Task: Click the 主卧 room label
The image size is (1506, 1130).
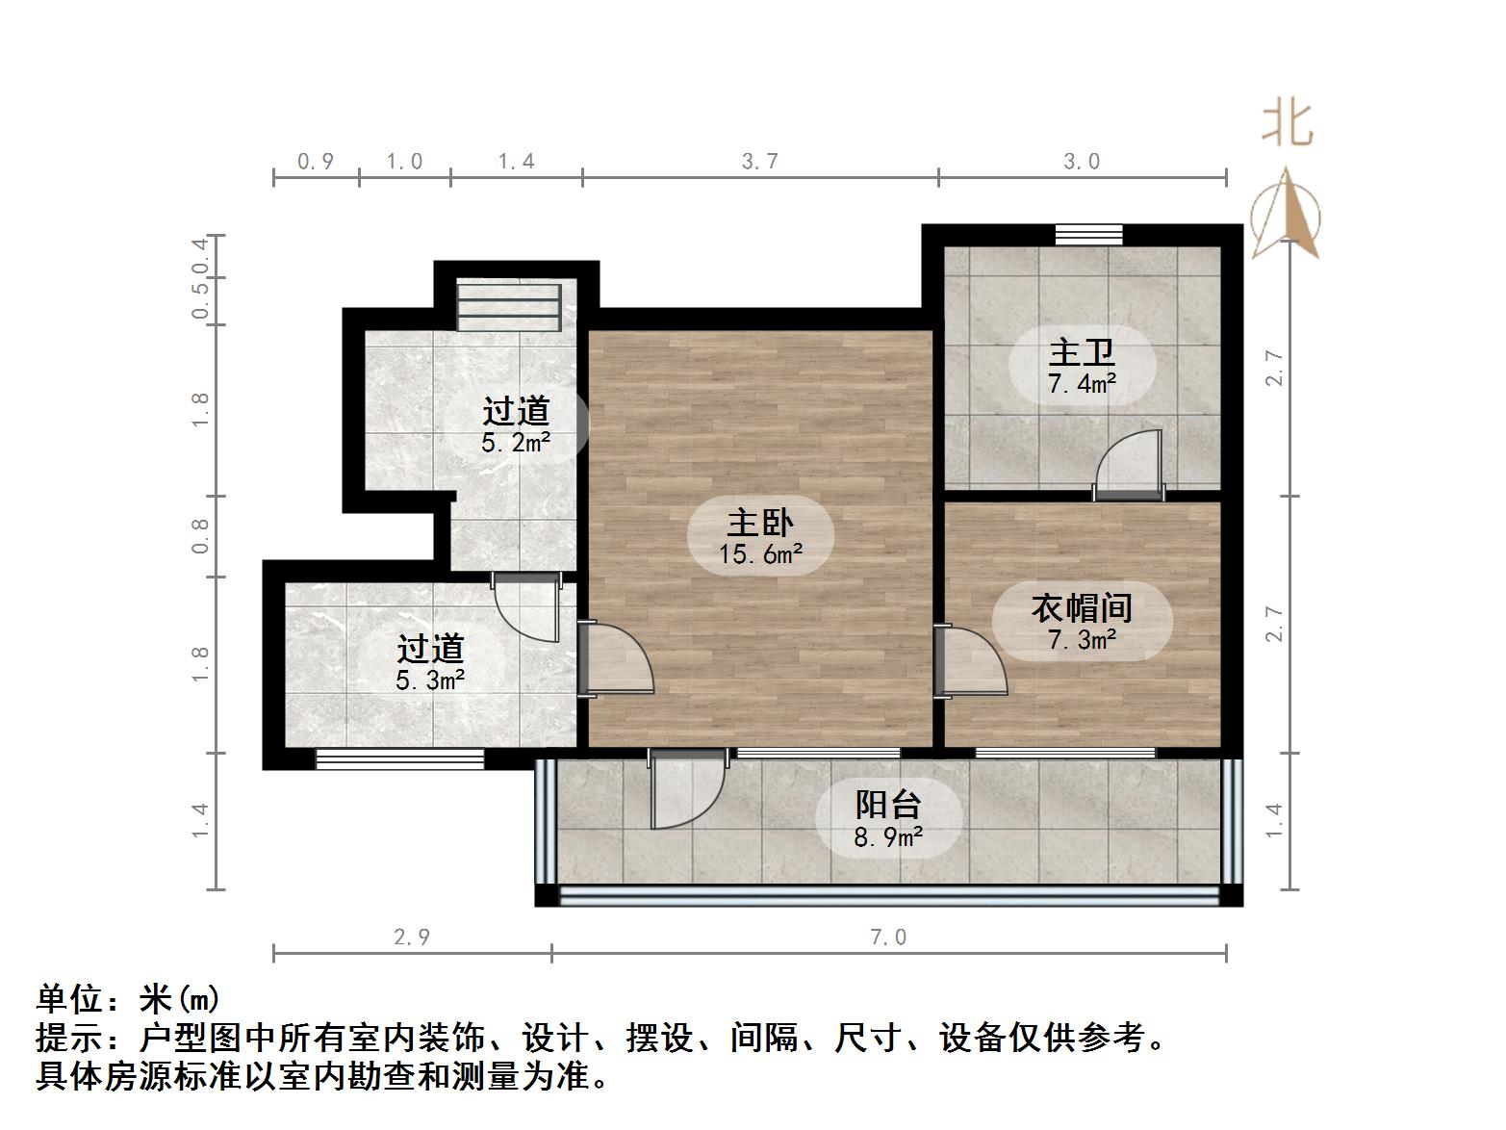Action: point(759,523)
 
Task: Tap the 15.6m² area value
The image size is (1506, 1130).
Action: point(759,554)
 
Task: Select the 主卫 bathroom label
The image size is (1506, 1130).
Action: point(1082,353)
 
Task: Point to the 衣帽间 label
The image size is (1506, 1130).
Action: point(1082,607)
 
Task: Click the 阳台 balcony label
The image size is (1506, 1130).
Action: point(888,805)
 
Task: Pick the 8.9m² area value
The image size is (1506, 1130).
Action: point(888,837)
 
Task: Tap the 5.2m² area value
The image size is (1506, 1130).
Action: point(516,443)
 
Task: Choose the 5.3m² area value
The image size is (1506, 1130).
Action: point(430,681)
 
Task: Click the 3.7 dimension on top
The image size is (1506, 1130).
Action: point(759,162)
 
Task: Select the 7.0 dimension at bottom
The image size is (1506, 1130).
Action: point(888,937)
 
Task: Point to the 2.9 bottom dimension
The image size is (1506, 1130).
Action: point(412,937)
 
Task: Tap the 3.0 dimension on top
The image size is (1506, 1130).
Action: point(1082,162)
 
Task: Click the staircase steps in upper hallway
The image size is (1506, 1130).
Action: point(509,306)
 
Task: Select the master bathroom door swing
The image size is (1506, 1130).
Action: point(1131,465)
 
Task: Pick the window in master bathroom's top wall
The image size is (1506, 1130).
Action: point(1088,234)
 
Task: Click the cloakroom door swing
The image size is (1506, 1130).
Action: point(970,662)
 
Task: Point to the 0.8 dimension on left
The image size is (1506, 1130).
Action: point(200,535)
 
